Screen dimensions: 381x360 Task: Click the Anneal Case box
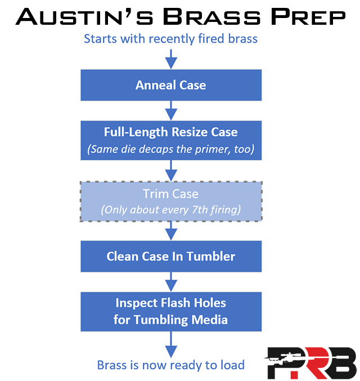point(171,86)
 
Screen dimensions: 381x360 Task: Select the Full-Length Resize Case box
point(171,140)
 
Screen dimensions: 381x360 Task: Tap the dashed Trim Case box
point(171,201)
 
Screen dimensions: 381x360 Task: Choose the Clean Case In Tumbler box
point(171,257)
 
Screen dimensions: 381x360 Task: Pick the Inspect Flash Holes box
point(171,311)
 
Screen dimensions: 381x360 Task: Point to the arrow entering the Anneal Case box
point(171,58)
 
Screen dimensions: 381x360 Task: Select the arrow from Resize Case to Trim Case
point(171,171)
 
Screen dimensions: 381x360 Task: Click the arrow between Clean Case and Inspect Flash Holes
point(171,281)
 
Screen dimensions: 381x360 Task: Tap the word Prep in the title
point(309,17)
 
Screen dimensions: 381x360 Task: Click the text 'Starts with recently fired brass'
point(171,39)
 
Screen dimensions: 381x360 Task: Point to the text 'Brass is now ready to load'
point(171,365)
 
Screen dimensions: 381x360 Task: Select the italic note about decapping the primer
point(171,150)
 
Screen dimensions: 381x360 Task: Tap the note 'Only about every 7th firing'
point(171,210)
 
